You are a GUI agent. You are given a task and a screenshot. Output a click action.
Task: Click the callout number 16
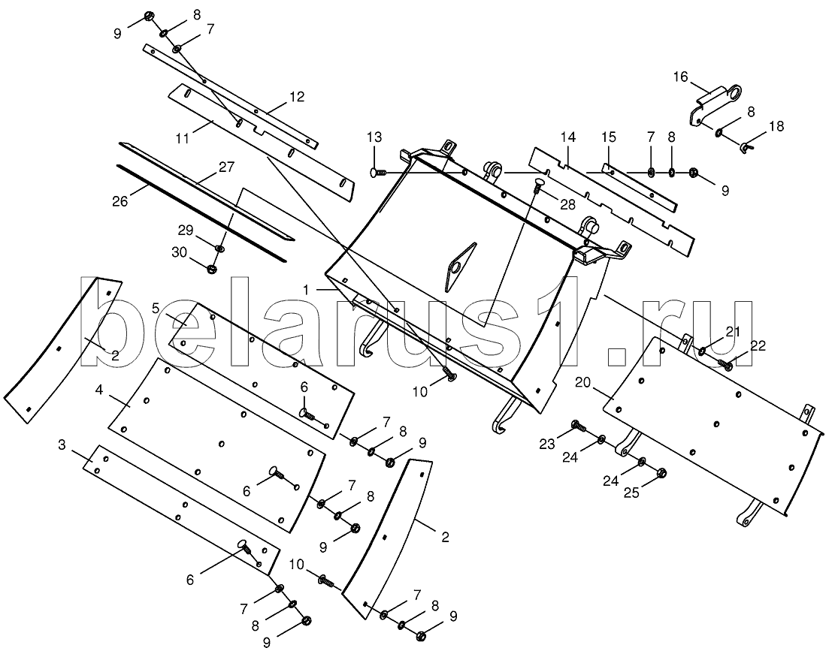click(x=681, y=77)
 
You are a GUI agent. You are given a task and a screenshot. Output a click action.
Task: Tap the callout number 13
click(x=374, y=137)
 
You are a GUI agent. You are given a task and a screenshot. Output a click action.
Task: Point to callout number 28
click(x=567, y=205)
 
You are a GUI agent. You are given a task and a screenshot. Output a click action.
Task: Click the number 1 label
click(x=306, y=290)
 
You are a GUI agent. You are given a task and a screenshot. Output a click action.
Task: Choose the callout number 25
click(x=631, y=493)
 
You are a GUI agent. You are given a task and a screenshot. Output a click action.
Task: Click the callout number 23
click(x=547, y=444)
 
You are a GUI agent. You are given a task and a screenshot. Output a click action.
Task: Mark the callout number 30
click(x=180, y=252)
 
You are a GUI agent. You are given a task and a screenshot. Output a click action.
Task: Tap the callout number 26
click(x=121, y=201)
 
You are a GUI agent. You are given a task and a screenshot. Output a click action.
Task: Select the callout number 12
click(x=297, y=96)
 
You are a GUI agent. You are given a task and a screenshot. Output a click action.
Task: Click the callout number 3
click(x=62, y=445)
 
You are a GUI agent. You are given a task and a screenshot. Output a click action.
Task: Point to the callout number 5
click(x=156, y=307)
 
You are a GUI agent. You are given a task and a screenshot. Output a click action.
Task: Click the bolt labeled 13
click(x=379, y=172)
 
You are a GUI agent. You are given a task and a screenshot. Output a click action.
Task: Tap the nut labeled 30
click(x=212, y=269)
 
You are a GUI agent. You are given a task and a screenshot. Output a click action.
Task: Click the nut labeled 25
click(x=662, y=472)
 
